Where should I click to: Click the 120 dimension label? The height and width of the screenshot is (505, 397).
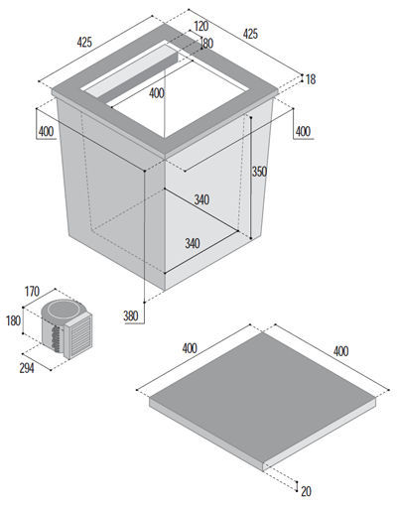point(201,26)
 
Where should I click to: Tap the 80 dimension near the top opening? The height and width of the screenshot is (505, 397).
point(207,44)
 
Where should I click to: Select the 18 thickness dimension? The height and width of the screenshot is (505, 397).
point(311,79)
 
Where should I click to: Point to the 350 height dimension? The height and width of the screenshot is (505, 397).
point(259,172)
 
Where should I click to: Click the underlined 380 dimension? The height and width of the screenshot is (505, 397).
point(131,316)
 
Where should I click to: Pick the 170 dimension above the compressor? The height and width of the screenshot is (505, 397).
point(32,292)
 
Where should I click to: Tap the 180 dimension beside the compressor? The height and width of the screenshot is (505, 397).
point(14,320)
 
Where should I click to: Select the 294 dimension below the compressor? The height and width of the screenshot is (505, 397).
point(27,368)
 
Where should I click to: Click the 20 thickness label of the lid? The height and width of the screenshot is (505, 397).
point(306,491)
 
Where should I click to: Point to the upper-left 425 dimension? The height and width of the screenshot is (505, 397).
point(84,42)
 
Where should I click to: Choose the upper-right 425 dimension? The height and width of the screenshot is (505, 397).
point(250,34)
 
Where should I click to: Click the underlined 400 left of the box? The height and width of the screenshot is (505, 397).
point(46,132)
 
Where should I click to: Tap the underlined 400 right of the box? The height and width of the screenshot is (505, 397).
point(303,132)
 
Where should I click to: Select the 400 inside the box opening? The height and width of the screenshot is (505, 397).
point(157,93)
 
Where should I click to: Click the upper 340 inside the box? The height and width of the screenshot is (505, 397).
point(201,199)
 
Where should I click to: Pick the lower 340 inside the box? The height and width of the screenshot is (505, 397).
point(193,243)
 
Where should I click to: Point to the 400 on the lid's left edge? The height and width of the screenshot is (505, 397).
point(190,348)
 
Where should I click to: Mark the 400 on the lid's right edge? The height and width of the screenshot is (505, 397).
point(340,351)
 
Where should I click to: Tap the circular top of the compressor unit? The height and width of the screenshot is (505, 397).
point(63,310)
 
